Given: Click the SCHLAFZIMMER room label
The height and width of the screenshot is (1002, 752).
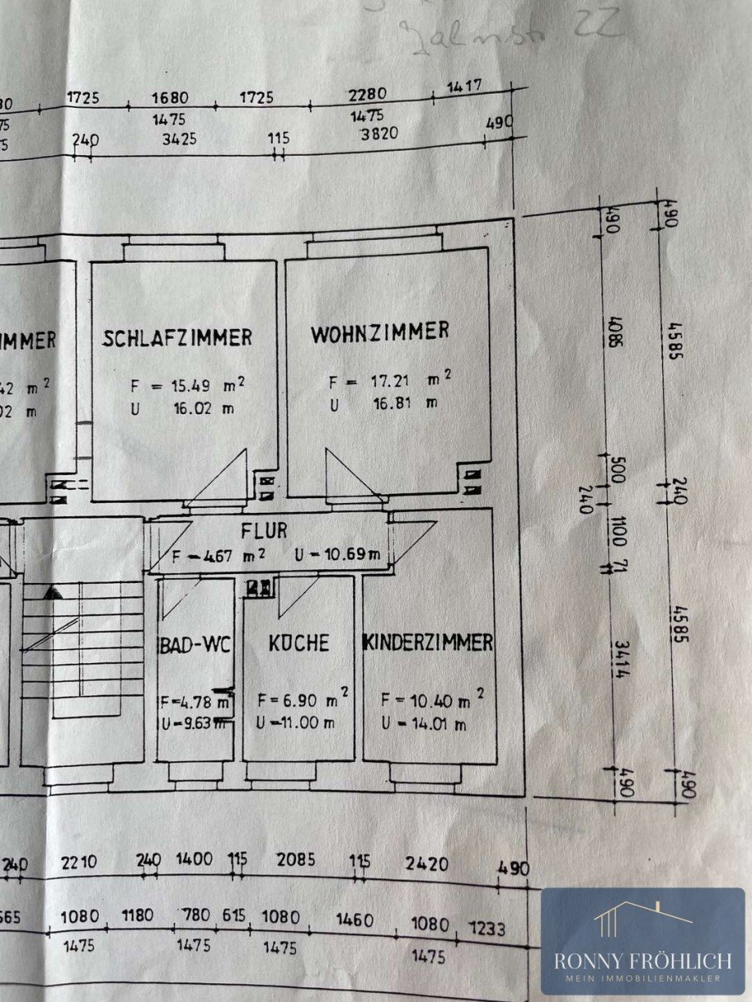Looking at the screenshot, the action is tap(177, 337).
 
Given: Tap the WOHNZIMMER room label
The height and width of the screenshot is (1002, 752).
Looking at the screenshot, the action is tap(380, 331).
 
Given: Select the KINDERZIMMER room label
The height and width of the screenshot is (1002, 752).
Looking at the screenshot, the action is tap(428, 643).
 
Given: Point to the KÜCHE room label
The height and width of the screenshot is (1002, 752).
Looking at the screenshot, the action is tap(298, 643).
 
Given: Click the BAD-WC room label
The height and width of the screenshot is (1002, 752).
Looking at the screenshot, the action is tap(195, 644).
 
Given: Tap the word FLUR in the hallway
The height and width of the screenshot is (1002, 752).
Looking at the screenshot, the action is tap(264, 530).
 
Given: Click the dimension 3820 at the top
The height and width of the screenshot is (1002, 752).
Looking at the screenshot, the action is tap(378, 134).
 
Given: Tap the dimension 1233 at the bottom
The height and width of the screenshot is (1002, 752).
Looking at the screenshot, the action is tap(488, 929).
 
